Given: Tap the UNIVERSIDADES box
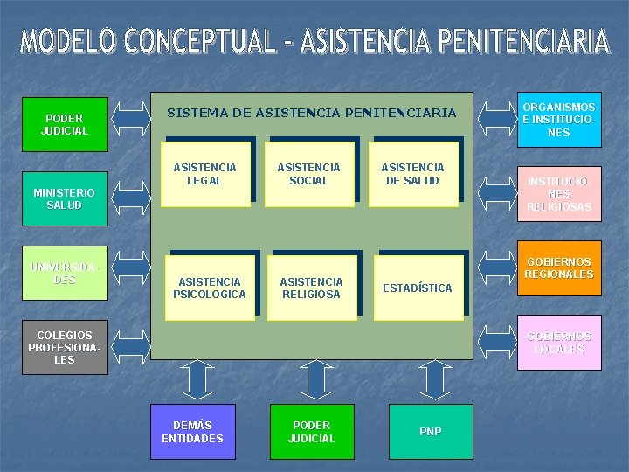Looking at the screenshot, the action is [x=65, y=274].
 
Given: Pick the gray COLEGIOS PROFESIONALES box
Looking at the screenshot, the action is [x=65, y=347].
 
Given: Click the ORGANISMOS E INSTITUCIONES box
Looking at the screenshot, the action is [x=558, y=120].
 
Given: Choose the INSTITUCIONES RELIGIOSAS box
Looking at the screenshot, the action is [x=558, y=194].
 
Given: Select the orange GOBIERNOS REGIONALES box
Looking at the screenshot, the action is [x=558, y=267].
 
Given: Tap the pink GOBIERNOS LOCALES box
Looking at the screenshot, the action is [x=558, y=342].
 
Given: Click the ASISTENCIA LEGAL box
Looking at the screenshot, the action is [x=204, y=174].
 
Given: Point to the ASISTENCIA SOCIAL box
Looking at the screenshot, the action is [x=308, y=174].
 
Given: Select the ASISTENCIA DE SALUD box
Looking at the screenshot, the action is [x=413, y=174].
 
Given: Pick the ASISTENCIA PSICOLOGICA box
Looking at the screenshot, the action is [x=210, y=288].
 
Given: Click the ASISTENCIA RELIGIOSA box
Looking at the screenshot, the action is [x=311, y=288].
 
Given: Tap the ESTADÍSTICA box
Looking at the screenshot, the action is [x=418, y=288].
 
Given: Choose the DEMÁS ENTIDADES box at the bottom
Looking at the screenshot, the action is [x=192, y=431].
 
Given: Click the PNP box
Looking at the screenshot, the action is [x=430, y=431].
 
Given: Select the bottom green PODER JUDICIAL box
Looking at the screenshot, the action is [x=312, y=431].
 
